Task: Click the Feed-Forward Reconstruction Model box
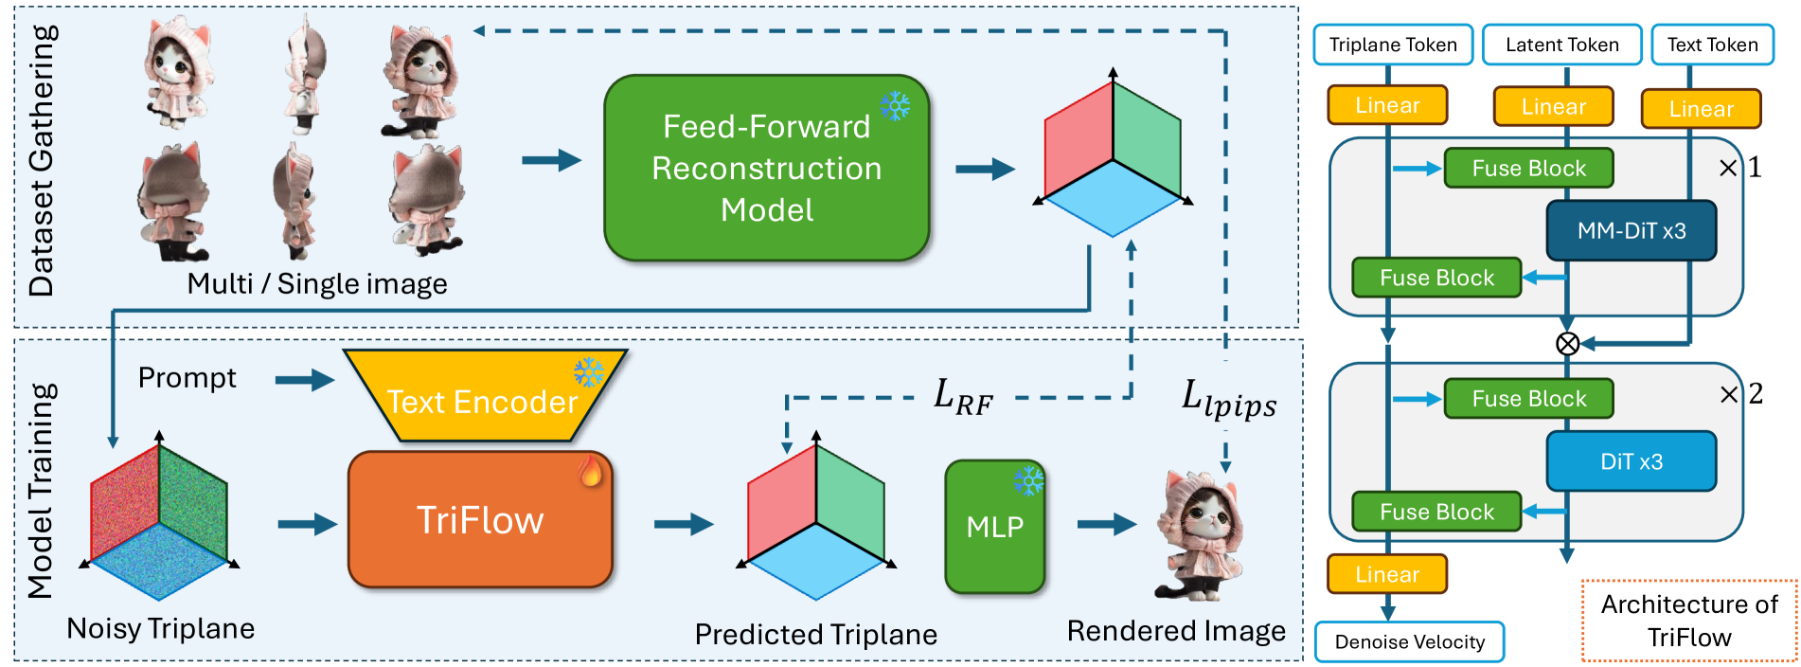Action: coord(766,168)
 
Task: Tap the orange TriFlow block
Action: coord(480,520)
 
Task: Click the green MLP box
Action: coord(994,527)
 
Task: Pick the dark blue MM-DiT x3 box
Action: coord(1631,230)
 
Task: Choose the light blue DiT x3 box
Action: coord(1631,461)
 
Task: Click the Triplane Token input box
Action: coord(1392,45)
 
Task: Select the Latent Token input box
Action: coord(1561,45)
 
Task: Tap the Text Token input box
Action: coord(1712,45)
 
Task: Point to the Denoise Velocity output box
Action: coord(1409,641)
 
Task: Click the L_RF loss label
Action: coord(963,396)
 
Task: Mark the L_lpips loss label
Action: coord(1228,399)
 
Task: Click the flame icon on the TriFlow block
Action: coord(591,470)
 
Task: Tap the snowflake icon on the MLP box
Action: coord(1028,479)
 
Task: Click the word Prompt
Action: coord(187,377)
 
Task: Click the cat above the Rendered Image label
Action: coord(1199,535)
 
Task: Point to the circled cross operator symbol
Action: coord(1567,343)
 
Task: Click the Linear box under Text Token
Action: coord(1701,109)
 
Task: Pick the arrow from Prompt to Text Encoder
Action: coord(304,381)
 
